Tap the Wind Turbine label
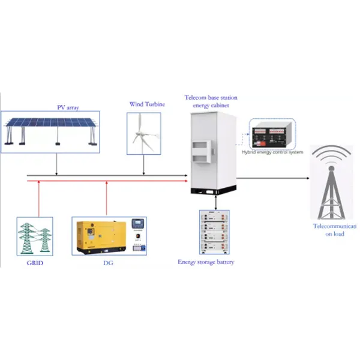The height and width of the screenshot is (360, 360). click(x=146, y=104)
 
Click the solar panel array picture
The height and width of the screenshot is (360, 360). click(x=50, y=130)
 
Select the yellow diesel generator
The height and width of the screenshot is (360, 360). click(x=100, y=236)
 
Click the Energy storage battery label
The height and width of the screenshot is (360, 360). click(x=206, y=262)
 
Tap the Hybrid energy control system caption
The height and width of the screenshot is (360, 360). click(x=272, y=152)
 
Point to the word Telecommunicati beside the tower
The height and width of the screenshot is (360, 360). click(x=335, y=226)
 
